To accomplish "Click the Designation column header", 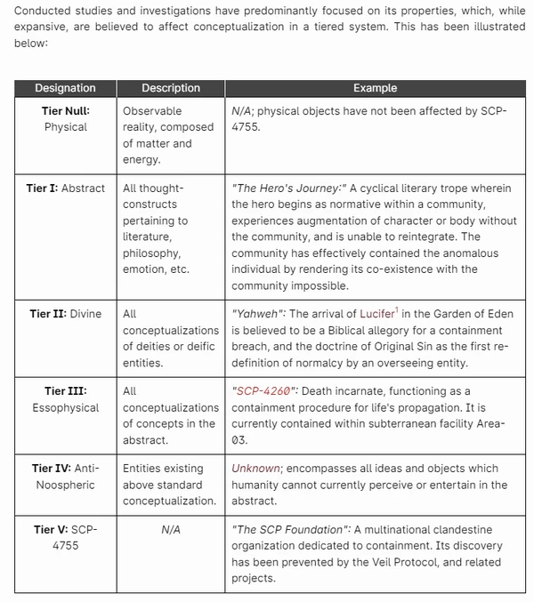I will (65, 88).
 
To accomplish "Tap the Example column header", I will (375, 88).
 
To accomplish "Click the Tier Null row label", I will (66, 111).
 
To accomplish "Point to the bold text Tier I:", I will (42, 189).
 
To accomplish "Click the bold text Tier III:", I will (66, 391).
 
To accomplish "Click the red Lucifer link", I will (379, 315).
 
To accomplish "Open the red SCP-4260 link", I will (264, 391).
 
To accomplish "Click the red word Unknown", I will (255, 469).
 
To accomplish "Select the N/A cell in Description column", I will (171, 530).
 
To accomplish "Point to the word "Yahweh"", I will (259, 315).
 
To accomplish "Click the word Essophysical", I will (66, 407).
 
